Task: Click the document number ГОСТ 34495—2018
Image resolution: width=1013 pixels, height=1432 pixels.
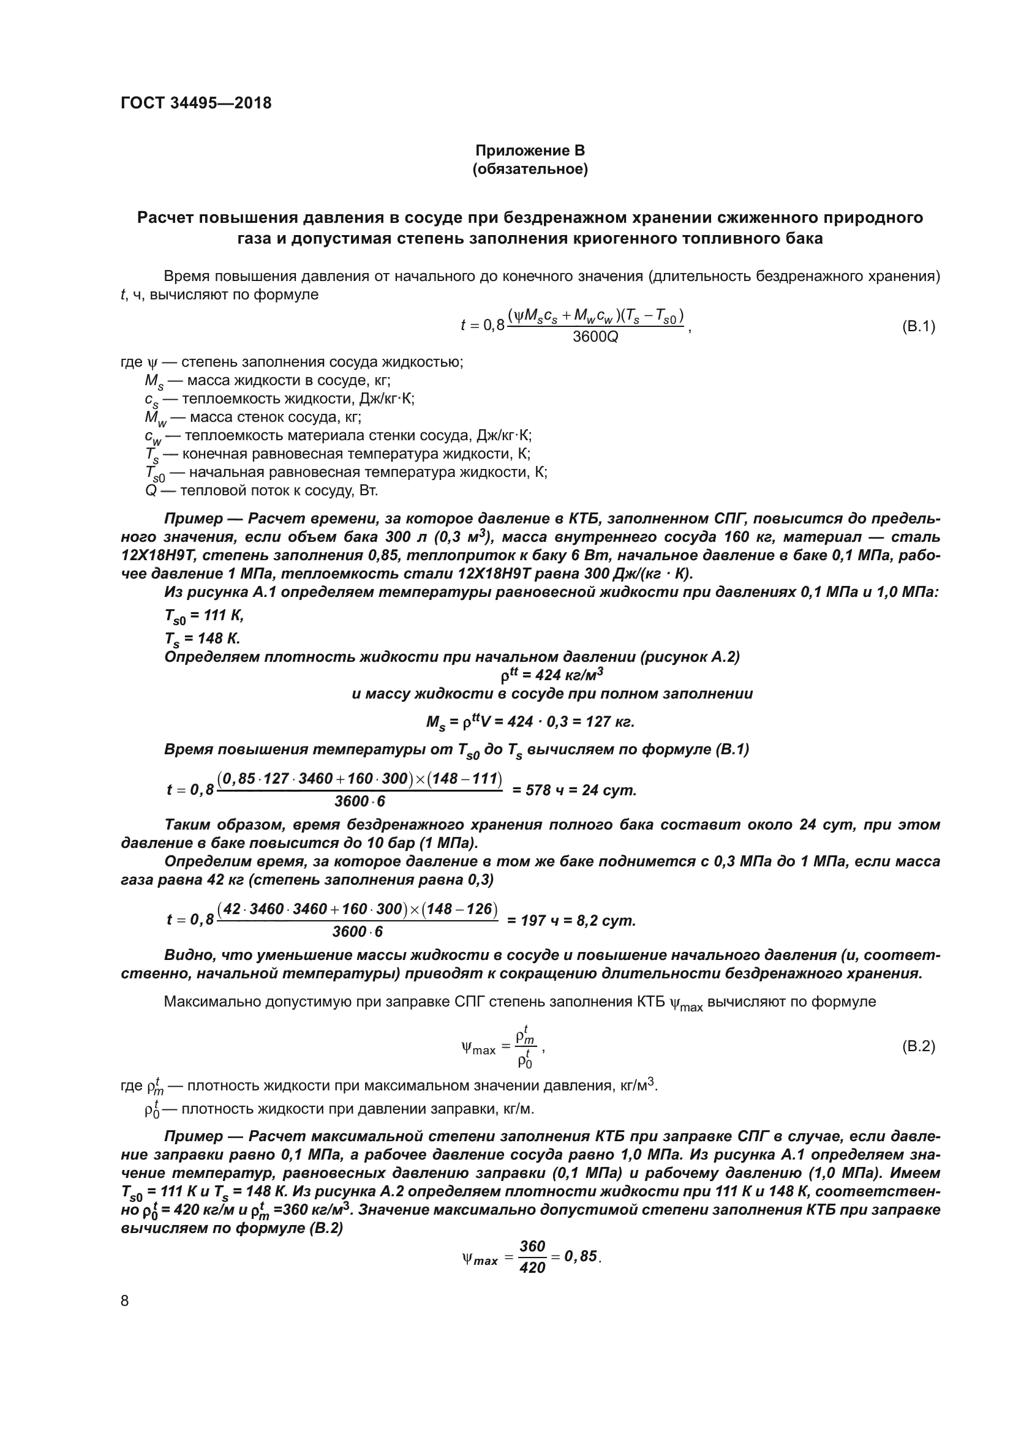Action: coord(196,103)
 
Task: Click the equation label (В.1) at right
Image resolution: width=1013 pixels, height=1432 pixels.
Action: coord(918,326)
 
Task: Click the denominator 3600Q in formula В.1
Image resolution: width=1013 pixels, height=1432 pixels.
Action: coord(595,337)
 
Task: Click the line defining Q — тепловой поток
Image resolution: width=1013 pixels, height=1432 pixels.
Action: coord(262,491)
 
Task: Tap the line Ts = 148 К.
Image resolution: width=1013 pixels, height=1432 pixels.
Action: coord(202,639)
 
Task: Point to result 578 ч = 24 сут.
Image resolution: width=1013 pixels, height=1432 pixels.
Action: coord(574,791)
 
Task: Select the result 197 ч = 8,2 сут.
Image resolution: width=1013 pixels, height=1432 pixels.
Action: coord(571,921)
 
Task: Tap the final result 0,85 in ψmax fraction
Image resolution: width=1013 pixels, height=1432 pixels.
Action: coord(581,1256)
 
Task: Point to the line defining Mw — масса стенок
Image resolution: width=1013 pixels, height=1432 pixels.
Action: coord(252,418)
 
